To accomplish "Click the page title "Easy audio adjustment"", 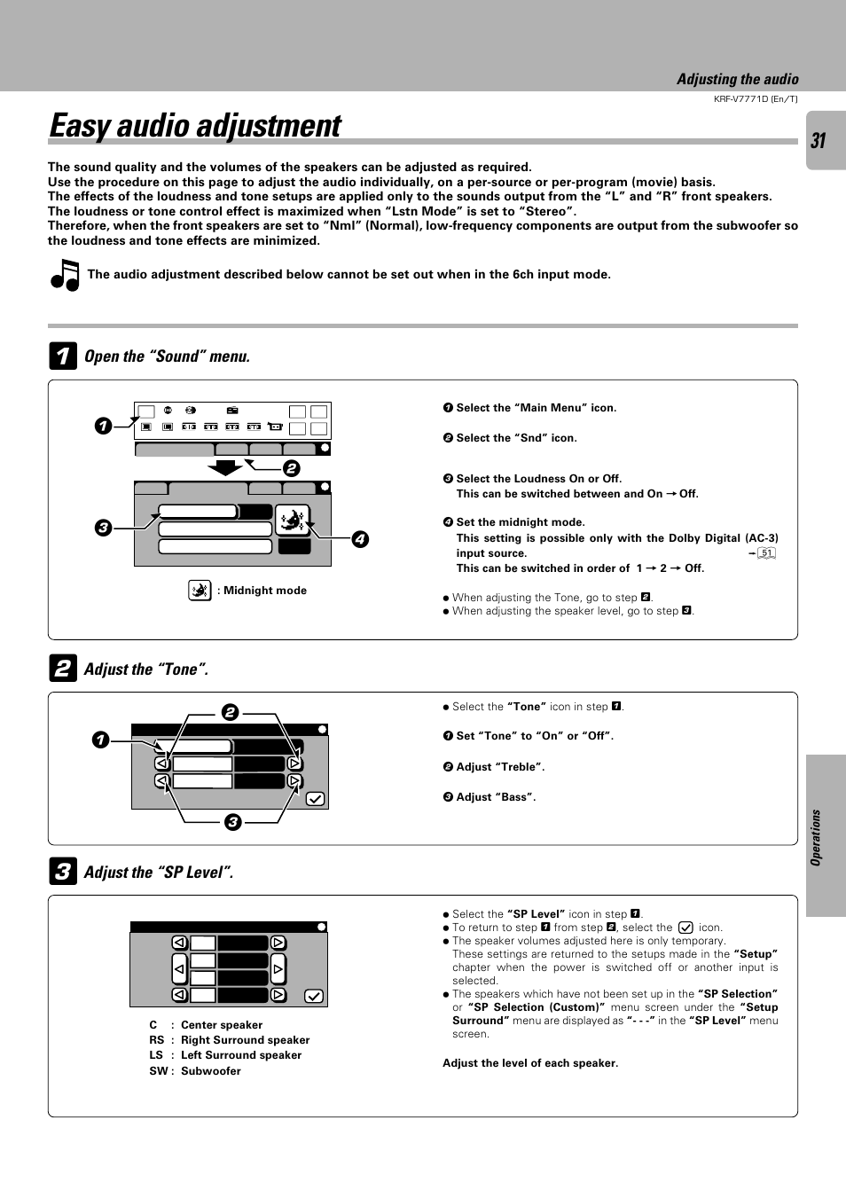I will [x=195, y=126].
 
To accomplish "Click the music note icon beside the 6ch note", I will [x=65, y=275].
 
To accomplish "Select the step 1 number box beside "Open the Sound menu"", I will [x=62, y=356].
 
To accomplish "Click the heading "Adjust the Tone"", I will [x=145, y=669].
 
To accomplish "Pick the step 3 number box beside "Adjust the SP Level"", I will [x=62, y=873].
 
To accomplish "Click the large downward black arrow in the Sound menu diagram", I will [x=224, y=467].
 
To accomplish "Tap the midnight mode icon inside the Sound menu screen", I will [x=292, y=520].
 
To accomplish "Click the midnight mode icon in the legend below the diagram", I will [x=200, y=591].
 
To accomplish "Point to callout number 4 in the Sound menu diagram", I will [x=360, y=539].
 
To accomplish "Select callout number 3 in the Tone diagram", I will [x=232, y=822].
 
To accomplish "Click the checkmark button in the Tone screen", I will [x=315, y=799].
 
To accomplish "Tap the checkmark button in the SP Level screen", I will [x=314, y=996].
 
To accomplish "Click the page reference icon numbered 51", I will [x=766, y=553].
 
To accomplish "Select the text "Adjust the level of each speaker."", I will [x=530, y=1063].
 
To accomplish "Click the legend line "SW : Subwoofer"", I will [x=195, y=1071].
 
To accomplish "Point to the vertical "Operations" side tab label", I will [x=816, y=837].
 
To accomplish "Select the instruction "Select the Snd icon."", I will [x=515, y=438].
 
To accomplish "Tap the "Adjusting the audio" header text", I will [x=737, y=80].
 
